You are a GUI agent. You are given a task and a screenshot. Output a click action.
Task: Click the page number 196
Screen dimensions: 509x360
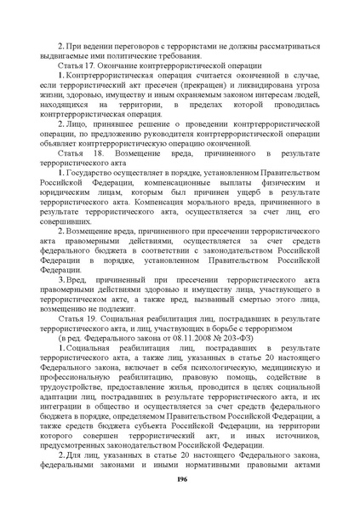tap(180, 481)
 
